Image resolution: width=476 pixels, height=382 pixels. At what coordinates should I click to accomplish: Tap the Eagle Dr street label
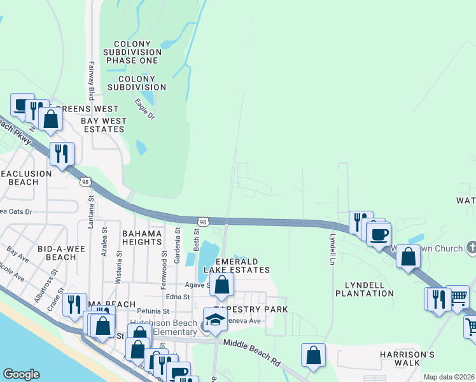[145, 109]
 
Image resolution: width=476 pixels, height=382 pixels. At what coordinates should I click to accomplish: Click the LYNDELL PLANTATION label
[368, 289]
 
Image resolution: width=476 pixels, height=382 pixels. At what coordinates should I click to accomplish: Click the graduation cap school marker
[215, 320]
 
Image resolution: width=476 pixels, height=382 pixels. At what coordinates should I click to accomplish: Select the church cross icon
[472, 246]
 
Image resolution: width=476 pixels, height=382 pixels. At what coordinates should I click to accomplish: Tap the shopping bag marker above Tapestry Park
[221, 284]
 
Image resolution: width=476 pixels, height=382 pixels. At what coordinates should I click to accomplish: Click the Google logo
[22, 374]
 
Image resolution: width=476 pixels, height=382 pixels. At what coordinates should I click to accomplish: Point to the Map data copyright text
[449, 377]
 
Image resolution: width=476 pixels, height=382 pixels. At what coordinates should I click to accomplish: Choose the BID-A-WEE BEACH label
[57, 252]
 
